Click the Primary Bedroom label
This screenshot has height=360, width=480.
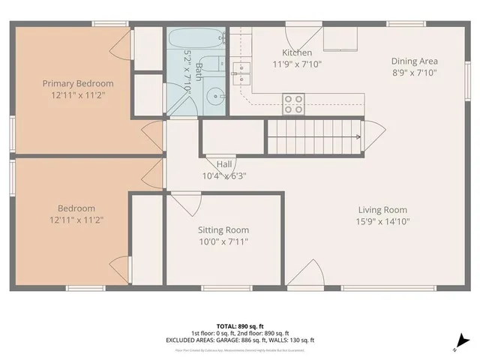(x=78, y=83)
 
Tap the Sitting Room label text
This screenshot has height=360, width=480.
(x=223, y=230)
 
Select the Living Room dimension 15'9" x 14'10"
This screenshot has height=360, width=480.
(x=382, y=221)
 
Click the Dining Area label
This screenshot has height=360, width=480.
(x=414, y=61)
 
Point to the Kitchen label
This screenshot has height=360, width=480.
(x=297, y=52)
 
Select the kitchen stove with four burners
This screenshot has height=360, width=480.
(x=293, y=103)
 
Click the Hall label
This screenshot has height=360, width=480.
(x=224, y=164)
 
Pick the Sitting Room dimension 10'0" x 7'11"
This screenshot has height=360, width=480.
(x=223, y=241)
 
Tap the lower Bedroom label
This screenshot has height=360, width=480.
(x=77, y=208)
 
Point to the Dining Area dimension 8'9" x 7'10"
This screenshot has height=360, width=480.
(x=414, y=73)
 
